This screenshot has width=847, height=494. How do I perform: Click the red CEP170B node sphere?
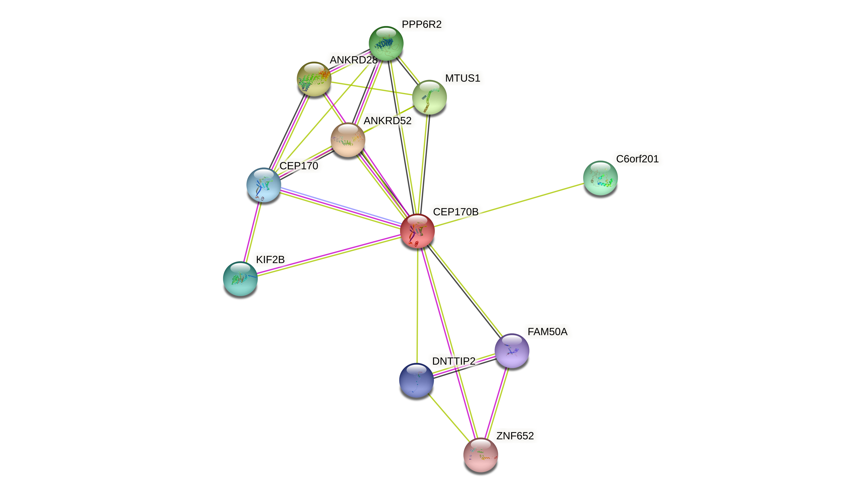pyautogui.click(x=417, y=231)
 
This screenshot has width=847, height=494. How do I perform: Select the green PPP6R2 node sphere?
pyautogui.click(x=386, y=43)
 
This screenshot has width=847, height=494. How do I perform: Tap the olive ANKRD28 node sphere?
pyautogui.click(x=314, y=79)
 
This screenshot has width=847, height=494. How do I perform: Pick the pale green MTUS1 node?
pyautogui.click(x=429, y=97)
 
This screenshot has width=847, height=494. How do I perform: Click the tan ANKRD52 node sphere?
pyautogui.click(x=348, y=140)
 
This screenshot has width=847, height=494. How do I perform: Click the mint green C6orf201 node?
pyautogui.click(x=600, y=178)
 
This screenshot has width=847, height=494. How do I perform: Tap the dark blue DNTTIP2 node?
pyautogui.click(x=417, y=380)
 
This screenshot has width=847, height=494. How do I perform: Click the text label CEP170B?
pyautogui.click(x=455, y=212)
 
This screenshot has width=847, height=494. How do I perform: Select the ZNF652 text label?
pyautogui.click(x=515, y=436)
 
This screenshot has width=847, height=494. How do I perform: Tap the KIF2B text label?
pyautogui.click(x=270, y=260)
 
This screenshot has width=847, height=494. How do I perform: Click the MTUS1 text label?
pyautogui.click(x=463, y=78)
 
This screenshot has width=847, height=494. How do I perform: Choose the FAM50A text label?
pyautogui.click(x=547, y=331)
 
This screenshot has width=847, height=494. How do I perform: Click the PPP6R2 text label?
pyautogui.click(x=422, y=24)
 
